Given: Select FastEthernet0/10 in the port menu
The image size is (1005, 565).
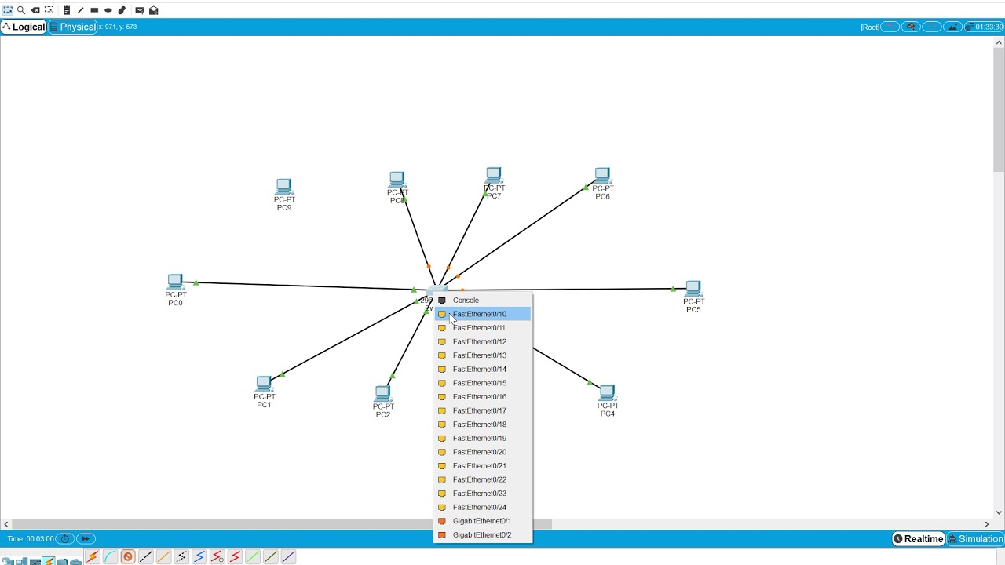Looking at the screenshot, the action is coord(480,314).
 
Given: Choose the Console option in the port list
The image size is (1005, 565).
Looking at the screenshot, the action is coord(466,300).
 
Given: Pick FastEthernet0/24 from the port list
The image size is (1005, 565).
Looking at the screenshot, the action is coord(480,507).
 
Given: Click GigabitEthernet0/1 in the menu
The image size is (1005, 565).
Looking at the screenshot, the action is coord(481,521).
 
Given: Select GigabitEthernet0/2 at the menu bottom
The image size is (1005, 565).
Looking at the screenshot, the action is coord(481,534).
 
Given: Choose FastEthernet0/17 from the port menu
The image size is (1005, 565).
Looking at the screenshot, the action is coord(480,410).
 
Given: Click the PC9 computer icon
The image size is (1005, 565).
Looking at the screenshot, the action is coord(283,187).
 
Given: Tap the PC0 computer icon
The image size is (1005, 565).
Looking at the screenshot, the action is coord(175,282).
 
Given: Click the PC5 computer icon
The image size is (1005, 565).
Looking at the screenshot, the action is coord(693,289).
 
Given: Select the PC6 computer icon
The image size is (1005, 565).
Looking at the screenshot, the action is coord(602,175).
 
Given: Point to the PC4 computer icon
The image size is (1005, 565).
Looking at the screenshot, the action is coord(607,392).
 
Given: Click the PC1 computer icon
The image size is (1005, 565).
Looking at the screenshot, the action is coord(264,384).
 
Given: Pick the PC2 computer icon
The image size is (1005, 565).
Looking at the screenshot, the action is coord(382,393).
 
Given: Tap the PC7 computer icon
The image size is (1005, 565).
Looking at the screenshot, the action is coord(493,174).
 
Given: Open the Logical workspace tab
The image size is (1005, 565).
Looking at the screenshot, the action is coord(24,27).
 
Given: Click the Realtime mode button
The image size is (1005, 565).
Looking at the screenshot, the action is coord(918,539).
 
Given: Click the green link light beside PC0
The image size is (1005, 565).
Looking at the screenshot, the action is coord(196,282).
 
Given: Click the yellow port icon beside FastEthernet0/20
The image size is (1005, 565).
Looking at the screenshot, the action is coord(442,452).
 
